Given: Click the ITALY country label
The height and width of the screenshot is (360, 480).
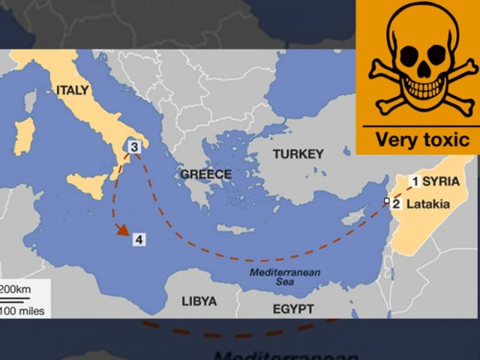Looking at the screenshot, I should coord(72,90).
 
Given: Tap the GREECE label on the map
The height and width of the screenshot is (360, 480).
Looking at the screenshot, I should coord(205,174).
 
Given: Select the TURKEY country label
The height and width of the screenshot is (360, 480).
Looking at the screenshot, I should coord(298,154).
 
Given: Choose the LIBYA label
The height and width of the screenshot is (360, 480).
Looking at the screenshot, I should coord(199,301).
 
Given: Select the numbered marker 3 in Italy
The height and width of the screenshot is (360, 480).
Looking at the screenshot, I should coord(133,147).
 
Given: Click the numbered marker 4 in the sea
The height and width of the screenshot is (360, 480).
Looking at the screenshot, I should coord(139,239).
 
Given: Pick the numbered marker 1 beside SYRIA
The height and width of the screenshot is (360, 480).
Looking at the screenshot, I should coord(415,181).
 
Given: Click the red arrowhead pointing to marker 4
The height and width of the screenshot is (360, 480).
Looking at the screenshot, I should coord(120,231).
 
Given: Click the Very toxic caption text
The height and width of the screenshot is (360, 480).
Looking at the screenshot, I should coord(421,139).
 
